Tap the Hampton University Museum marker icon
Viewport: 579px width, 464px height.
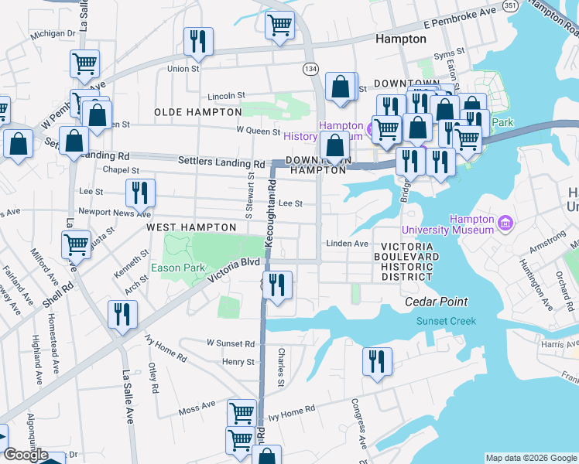[506, 223]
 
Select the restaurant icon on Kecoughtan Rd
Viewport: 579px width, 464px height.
[277, 285]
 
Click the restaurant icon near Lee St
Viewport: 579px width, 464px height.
[140, 192]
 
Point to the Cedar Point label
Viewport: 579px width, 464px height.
[436, 302]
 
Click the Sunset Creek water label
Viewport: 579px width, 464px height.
[445, 321]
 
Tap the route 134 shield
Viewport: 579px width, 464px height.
[310, 70]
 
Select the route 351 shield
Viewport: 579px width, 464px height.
[509, 5]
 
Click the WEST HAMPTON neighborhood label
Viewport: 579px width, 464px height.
[191, 227]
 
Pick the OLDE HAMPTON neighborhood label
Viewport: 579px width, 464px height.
[190, 112]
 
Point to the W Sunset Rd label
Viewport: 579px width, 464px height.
[230, 343]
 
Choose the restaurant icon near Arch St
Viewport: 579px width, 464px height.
[122, 314]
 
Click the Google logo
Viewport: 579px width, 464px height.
[25, 455]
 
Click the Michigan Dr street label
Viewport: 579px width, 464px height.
[53, 34]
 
